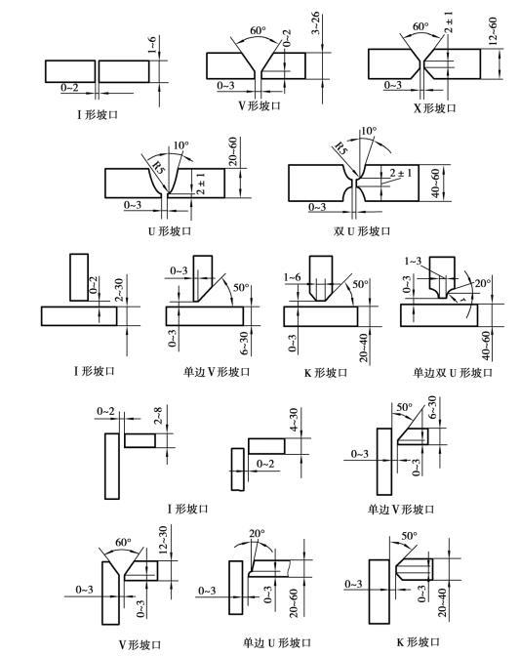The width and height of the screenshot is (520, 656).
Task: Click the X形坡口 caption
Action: point(435,108)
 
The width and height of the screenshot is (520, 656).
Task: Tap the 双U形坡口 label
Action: point(362,231)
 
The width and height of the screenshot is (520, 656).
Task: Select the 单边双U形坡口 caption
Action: point(453,372)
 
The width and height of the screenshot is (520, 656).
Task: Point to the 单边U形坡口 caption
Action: point(277,642)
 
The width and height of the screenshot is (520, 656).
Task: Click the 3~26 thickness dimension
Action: point(315,23)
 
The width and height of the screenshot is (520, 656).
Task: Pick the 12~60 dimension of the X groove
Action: point(493,31)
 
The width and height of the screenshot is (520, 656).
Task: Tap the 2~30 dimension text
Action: point(120,290)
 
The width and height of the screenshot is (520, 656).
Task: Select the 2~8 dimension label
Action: point(158,416)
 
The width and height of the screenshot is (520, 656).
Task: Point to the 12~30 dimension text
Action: point(163,540)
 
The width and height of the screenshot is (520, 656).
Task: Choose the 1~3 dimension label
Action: point(413,261)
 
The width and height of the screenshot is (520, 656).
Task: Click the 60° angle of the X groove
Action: point(420,26)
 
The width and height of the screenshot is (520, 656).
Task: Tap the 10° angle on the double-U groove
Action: point(368,131)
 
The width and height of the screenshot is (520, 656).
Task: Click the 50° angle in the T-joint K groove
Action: point(360,284)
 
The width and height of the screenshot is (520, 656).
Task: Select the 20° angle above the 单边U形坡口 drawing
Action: point(258,534)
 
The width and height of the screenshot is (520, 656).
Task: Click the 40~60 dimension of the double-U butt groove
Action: point(435,184)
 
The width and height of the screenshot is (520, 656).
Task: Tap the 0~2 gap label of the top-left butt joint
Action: point(69,88)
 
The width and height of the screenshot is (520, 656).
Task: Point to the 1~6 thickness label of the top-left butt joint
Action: point(151,45)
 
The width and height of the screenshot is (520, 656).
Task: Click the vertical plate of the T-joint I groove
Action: point(79,277)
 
